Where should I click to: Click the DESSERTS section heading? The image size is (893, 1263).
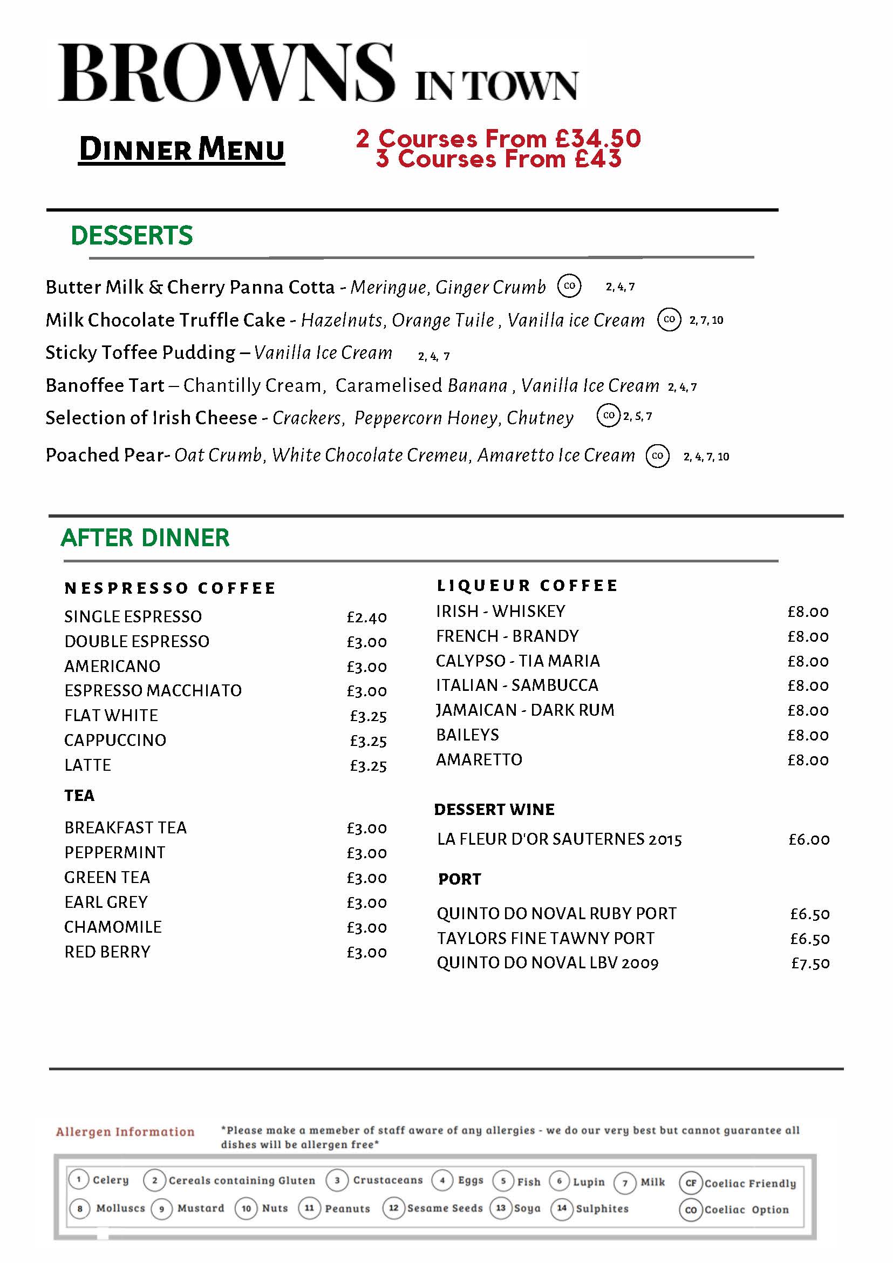(132, 235)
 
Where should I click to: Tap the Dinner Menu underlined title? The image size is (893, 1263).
(181, 150)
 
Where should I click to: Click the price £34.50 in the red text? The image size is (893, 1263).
(598, 139)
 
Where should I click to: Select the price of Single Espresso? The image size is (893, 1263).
(367, 617)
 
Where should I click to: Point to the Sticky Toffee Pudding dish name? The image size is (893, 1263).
(140, 352)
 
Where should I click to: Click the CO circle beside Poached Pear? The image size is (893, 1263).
(658, 456)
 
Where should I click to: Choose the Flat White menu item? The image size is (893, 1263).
(111, 715)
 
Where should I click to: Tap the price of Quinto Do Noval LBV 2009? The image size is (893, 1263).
(810, 963)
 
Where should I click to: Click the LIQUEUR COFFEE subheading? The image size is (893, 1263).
(527, 585)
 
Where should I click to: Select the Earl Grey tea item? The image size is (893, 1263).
(106, 902)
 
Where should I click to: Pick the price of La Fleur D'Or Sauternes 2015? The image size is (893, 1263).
(809, 839)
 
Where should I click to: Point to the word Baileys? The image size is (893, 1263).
(467, 735)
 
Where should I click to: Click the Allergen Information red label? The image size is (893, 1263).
(125, 1131)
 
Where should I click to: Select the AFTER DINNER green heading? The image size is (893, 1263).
(145, 538)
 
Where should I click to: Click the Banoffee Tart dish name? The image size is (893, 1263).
(105, 385)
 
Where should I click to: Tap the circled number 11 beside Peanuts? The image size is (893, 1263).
(309, 1208)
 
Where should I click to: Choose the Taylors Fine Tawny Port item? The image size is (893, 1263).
(546, 938)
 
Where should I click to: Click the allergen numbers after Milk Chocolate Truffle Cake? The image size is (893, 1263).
(706, 320)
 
